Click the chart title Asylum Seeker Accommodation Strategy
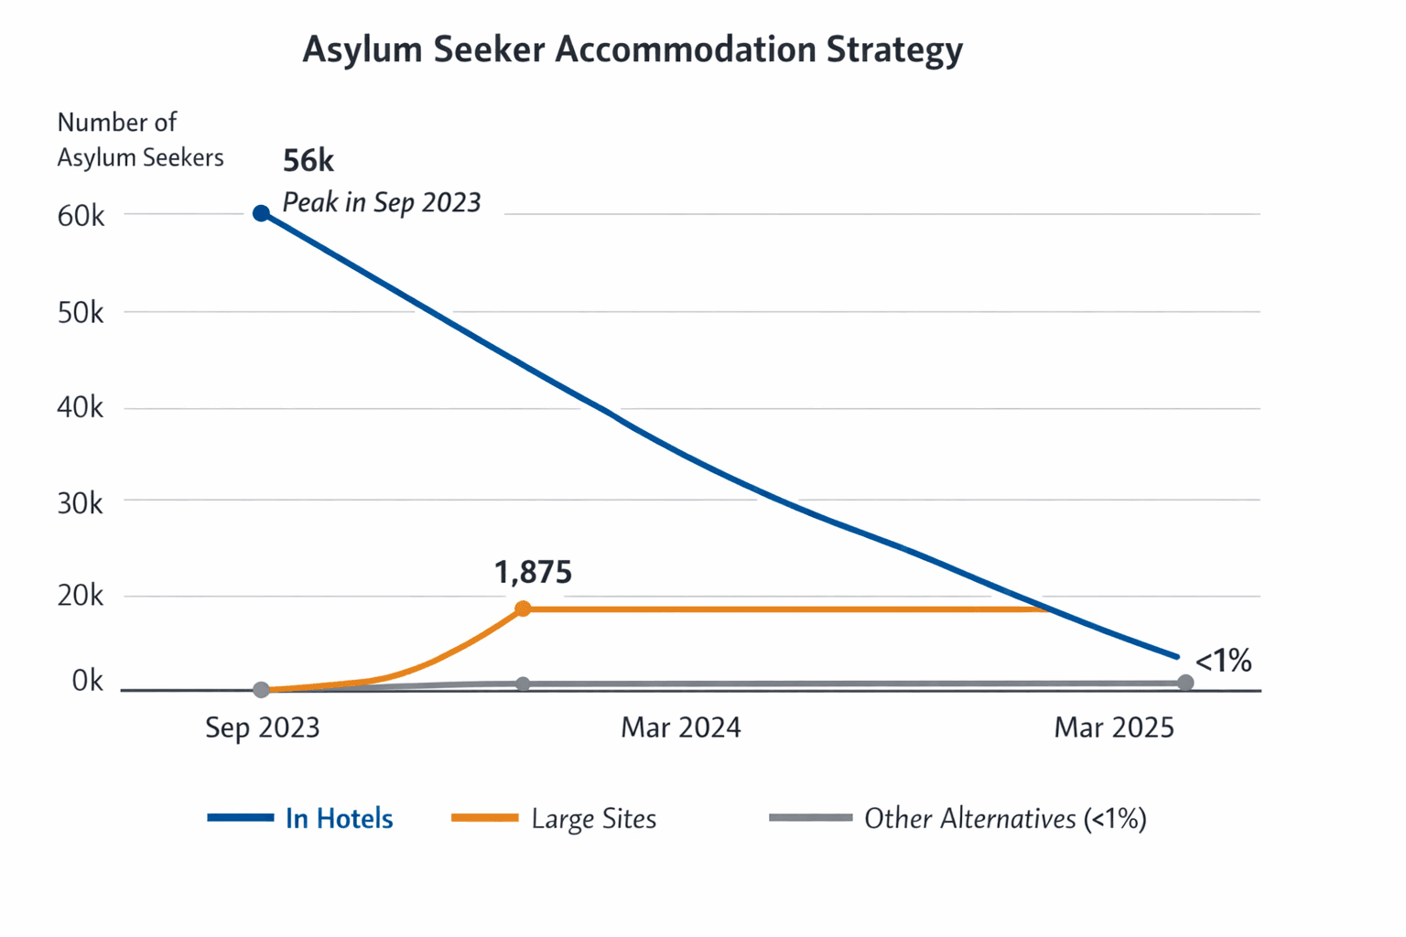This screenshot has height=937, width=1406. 633,49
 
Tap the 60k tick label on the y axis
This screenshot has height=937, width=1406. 81,217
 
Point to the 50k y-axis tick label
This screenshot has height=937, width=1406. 81,313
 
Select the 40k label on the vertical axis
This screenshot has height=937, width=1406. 81,408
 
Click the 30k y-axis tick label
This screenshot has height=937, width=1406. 81,503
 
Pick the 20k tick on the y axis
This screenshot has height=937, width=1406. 81,597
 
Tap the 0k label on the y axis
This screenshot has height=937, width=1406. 87,682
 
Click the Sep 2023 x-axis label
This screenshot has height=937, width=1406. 263,728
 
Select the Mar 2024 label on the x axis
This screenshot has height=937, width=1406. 681,728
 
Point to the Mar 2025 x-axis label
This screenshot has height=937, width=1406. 1114,728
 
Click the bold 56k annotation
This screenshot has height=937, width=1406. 308,161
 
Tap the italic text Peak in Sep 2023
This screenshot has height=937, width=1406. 382,202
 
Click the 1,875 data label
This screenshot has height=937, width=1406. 533,573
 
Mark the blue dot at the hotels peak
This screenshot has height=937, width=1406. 261,213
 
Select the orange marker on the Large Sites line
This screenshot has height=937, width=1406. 523,609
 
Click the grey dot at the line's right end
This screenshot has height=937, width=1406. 1185,683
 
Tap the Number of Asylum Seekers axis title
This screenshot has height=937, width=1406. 140,140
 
